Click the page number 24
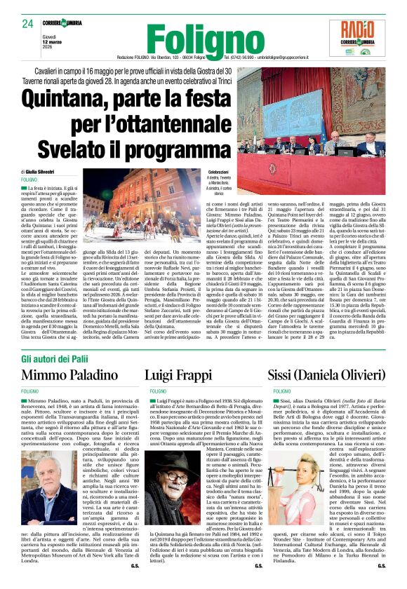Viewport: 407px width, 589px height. pos(28,25)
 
